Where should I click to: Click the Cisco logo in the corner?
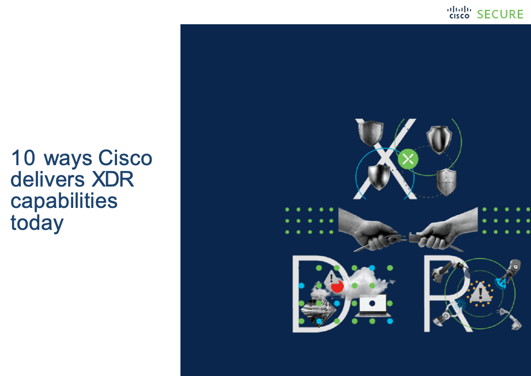(459, 12)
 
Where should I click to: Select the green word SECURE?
(500, 14)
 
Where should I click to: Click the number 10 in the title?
(23, 158)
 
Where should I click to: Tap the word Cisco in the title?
(125, 158)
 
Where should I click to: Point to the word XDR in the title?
(113, 179)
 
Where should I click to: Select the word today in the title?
(37, 224)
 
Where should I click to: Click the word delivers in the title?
(47, 179)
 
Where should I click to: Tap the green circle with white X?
(408, 159)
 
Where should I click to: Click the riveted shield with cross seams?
(446, 182)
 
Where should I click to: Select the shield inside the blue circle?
(379, 177)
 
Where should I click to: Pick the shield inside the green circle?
(439, 139)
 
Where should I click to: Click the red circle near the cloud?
(337, 286)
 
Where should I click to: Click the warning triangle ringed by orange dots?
(480, 292)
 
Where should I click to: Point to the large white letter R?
(447, 293)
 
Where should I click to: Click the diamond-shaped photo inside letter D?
(318, 311)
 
